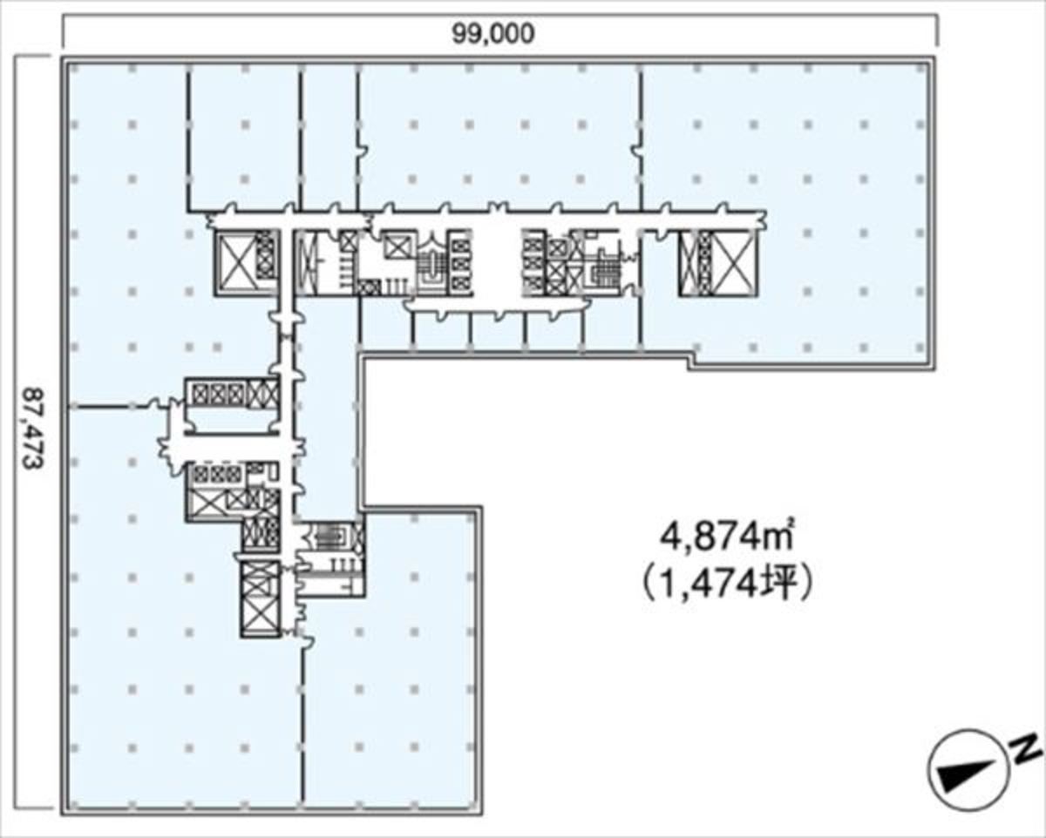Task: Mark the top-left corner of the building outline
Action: click(x=64, y=59)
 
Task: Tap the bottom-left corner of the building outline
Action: click(x=64, y=810)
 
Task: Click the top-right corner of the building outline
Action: click(x=935, y=59)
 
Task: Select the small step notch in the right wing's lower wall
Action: click(x=690, y=363)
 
